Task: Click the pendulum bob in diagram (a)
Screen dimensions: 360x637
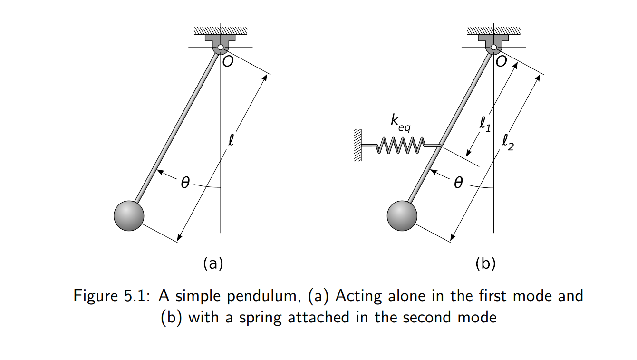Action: tap(129, 216)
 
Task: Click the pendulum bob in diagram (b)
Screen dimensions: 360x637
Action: tap(402, 216)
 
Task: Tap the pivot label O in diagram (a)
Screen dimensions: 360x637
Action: tap(228, 62)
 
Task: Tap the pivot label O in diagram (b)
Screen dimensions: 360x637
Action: tap(502, 62)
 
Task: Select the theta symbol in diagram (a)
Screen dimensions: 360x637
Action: tap(185, 182)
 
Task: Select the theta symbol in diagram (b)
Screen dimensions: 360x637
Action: tap(458, 182)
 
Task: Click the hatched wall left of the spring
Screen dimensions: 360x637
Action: tap(358, 145)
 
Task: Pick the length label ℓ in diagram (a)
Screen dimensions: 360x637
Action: tap(231, 141)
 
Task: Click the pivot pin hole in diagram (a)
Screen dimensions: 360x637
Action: tap(221, 48)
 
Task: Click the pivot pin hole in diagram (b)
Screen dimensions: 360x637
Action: tap(494, 48)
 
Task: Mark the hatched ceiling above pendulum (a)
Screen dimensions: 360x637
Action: tap(221, 31)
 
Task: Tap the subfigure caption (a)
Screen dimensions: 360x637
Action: tap(213, 263)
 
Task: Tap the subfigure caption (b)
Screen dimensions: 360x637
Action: tap(486, 263)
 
